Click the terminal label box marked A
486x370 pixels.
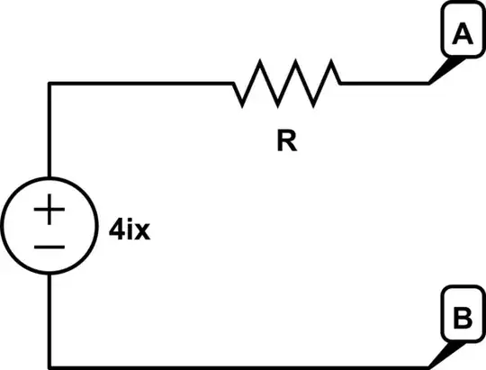(x=462, y=35)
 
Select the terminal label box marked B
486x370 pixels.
(x=462, y=319)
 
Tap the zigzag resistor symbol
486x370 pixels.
(x=286, y=83)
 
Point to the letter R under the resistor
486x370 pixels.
(x=286, y=142)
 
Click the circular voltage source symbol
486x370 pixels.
(x=50, y=225)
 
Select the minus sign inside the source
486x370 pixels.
(x=50, y=244)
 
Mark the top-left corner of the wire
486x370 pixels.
(x=50, y=84)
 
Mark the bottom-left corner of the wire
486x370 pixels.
(x=50, y=365)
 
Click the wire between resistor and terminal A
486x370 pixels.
(x=382, y=84)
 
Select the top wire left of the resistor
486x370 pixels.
(x=139, y=84)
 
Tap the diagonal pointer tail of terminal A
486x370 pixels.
(x=439, y=73)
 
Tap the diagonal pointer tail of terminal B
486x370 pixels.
(x=439, y=355)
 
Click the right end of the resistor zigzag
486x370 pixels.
(x=340, y=84)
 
